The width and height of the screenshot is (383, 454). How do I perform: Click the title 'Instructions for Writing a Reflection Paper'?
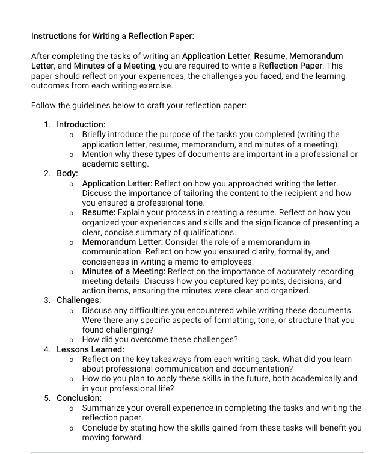pyautogui.click(x=112, y=36)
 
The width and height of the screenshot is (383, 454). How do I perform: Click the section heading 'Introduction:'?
pyautogui.click(x=81, y=124)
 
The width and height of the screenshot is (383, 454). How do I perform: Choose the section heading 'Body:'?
pyautogui.click(x=67, y=173)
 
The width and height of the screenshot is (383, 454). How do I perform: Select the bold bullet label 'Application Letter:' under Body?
pyautogui.click(x=118, y=183)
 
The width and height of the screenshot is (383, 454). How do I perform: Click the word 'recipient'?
pyautogui.click(x=302, y=193)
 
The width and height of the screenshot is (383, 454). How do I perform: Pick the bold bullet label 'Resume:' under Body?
pyautogui.click(x=99, y=213)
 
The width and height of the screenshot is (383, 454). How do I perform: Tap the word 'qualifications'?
pyautogui.click(x=207, y=232)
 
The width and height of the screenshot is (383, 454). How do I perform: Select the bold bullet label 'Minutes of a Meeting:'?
pyautogui.click(x=124, y=271)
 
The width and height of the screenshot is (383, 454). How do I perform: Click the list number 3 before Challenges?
pyautogui.click(x=47, y=300)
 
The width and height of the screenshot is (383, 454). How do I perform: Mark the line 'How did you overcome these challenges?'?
pyautogui.click(x=159, y=339)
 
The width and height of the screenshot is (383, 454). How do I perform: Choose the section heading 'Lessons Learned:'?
pyautogui.click(x=90, y=349)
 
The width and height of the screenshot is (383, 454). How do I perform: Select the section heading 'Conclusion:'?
pyautogui.click(x=79, y=398)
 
